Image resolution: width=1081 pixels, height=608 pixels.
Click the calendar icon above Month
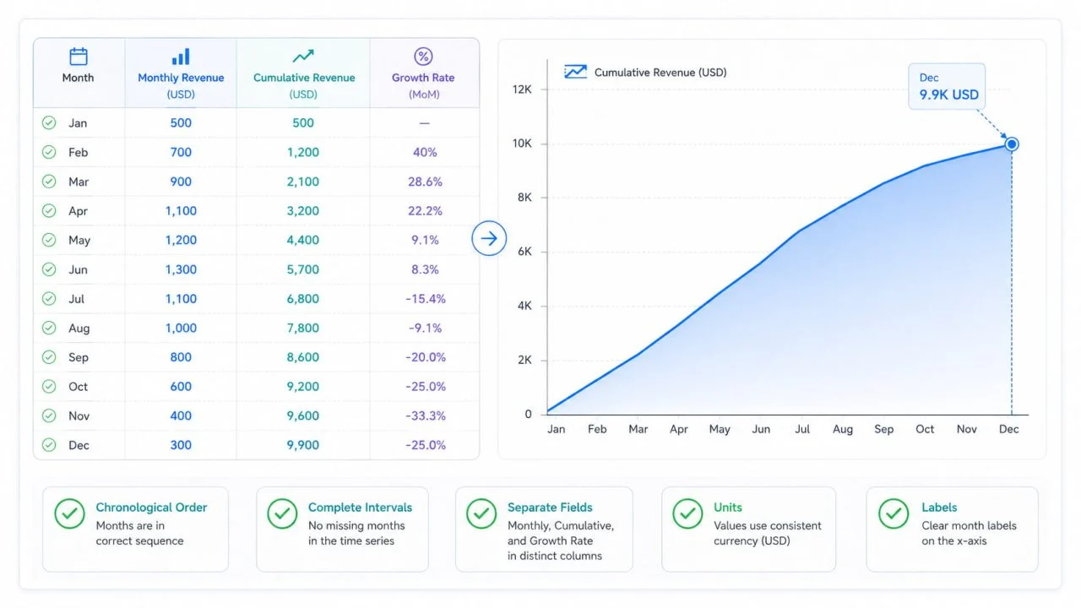click(x=79, y=57)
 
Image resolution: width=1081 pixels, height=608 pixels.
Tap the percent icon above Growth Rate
click(x=423, y=57)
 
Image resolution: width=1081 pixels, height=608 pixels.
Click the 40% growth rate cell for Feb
click(x=425, y=153)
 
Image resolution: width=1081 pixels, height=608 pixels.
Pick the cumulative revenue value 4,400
click(x=303, y=241)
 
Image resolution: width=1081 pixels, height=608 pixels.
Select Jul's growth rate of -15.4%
click(x=425, y=299)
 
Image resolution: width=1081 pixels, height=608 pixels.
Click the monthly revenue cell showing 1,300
click(x=181, y=269)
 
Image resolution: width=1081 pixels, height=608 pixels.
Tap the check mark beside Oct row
click(x=49, y=387)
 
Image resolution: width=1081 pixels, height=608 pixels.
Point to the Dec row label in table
click(x=79, y=445)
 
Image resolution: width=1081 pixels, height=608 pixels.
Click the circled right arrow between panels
click(x=489, y=238)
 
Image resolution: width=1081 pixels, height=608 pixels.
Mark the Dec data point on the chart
click(x=1012, y=144)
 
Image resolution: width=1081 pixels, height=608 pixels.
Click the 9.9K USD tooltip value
click(x=948, y=95)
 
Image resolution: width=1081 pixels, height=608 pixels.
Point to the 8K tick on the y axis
click(x=524, y=198)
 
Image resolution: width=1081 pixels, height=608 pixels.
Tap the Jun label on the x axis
click(x=761, y=430)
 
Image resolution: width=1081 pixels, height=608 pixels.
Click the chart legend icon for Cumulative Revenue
click(x=576, y=72)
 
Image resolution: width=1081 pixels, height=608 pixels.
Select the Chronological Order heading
click(x=151, y=508)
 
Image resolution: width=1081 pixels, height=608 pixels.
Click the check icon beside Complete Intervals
click(x=282, y=514)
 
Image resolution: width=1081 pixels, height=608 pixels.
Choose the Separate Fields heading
click(x=550, y=508)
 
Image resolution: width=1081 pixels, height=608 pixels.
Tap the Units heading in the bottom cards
click(x=728, y=508)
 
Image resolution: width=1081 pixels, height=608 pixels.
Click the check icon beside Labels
click(x=894, y=514)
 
